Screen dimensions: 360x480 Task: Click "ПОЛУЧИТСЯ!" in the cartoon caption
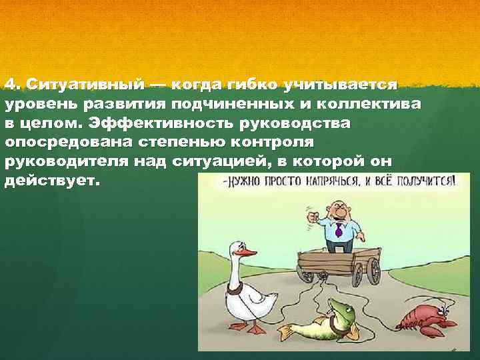tap(429, 181)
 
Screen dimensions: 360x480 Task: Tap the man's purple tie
tap(339, 231)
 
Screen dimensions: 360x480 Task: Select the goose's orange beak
tap(247, 253)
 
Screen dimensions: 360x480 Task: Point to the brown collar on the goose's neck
tap(234, 288)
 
